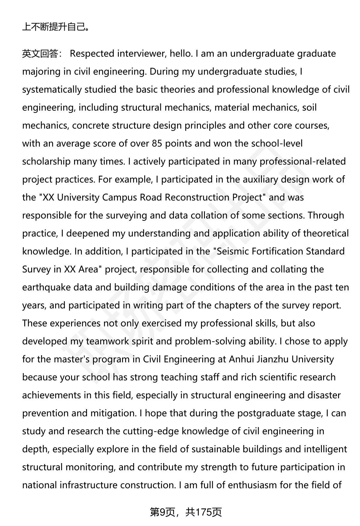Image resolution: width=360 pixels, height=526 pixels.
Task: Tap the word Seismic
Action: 232,251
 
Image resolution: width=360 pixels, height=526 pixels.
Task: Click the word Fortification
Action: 277,251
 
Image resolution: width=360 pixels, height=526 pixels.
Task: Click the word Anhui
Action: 241,359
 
